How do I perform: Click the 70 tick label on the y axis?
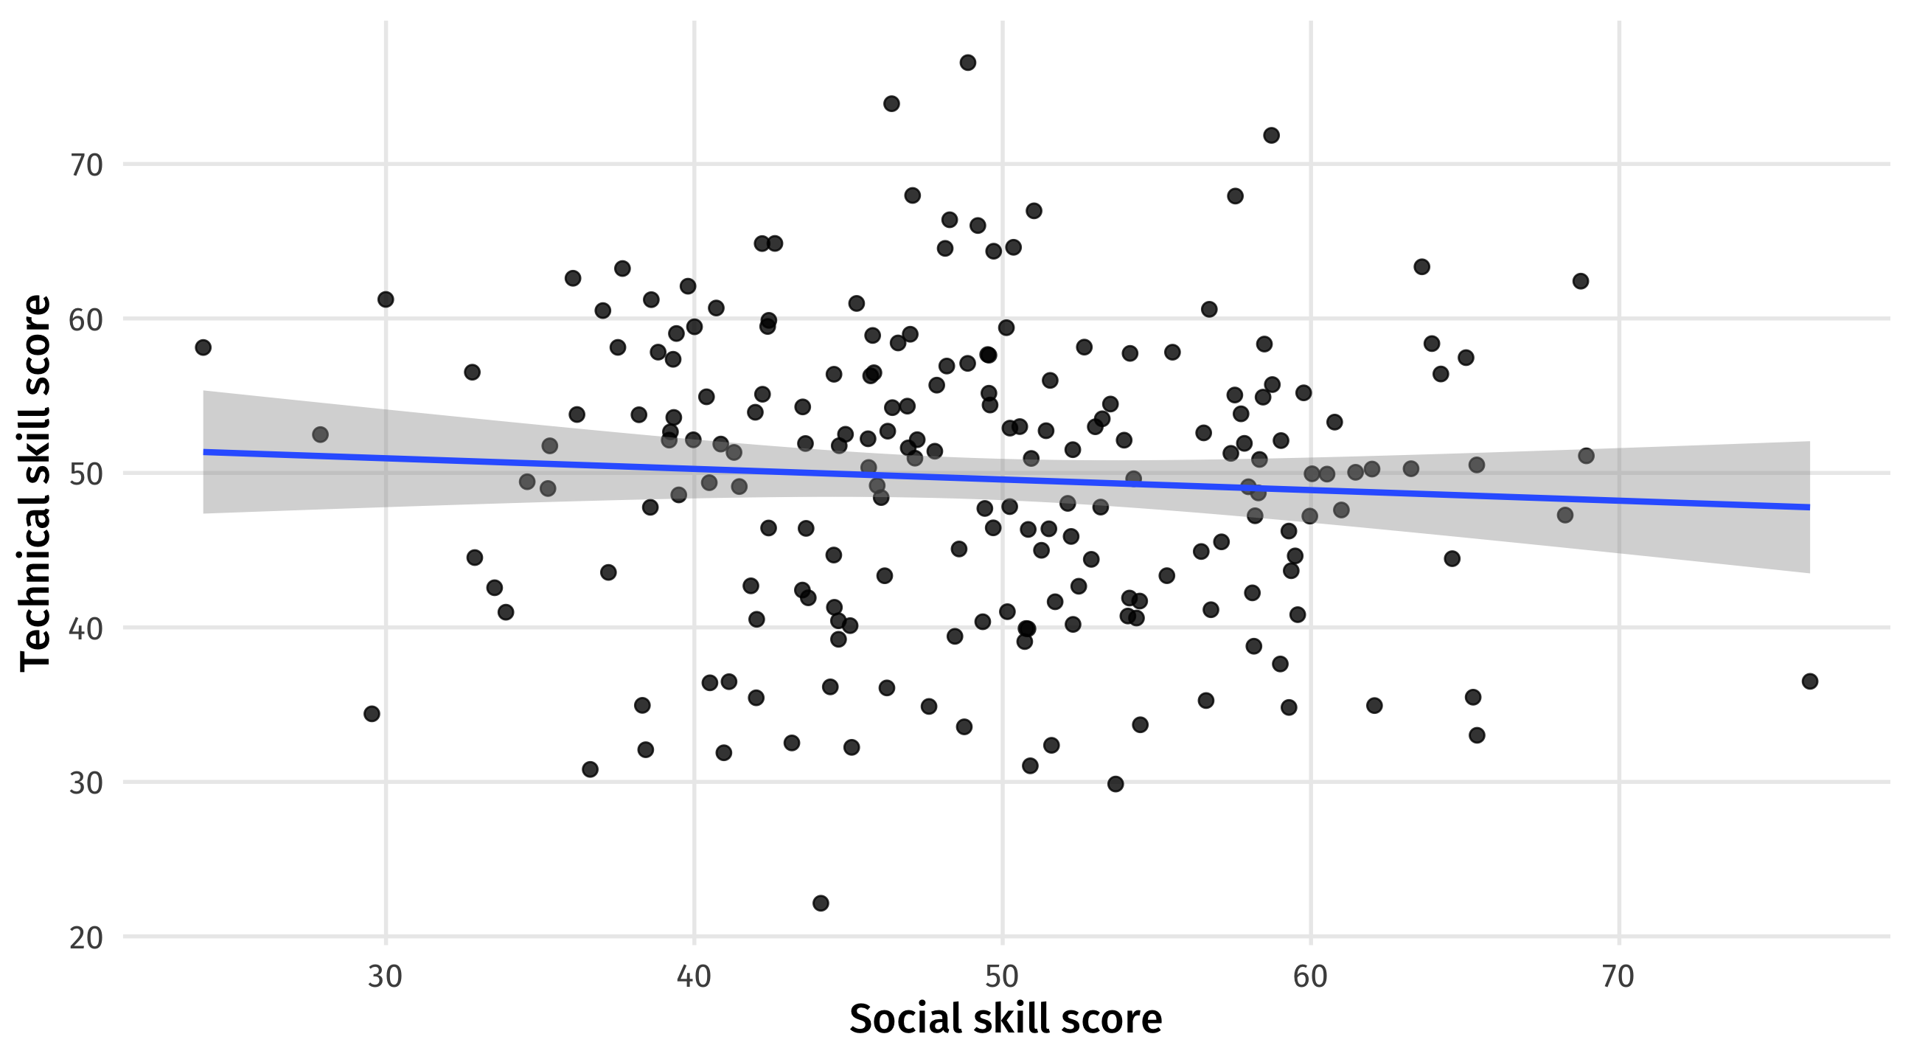86,164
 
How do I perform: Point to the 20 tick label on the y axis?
86,938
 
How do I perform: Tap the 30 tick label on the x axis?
385,976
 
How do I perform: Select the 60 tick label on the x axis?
1310,976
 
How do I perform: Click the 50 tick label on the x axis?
1002,976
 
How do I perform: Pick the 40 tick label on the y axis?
86,628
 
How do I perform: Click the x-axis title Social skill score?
1005,1019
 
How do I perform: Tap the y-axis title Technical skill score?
35,483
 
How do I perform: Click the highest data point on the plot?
967,63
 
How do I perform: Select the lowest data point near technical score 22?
821,903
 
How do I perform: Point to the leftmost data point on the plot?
203,347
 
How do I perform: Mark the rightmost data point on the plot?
1810,681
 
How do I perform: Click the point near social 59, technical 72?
1272,135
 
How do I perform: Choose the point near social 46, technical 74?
891,104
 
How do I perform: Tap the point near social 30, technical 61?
386,300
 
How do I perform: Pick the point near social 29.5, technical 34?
372,714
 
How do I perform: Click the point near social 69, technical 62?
1581,281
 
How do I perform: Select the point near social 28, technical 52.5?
320,435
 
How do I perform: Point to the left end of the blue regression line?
204,452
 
